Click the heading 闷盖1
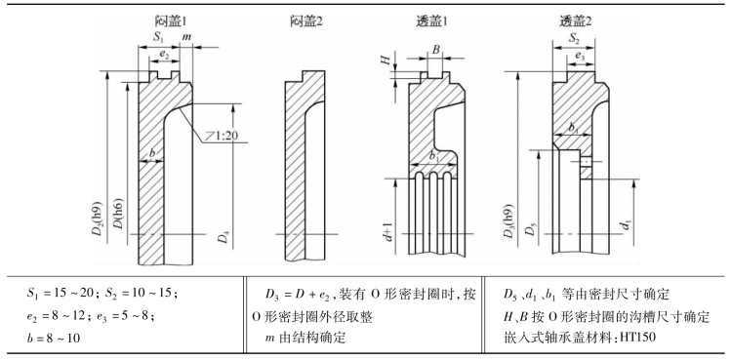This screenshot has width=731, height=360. [173, 20]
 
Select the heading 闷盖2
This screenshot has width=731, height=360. [306, 20]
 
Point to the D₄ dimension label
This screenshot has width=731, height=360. [224, 237]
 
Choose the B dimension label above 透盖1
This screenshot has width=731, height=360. [435, 51]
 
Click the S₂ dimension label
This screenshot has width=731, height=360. [574, 38]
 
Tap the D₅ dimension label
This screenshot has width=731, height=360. [530, 230]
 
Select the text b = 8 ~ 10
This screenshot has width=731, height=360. [54, 338]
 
